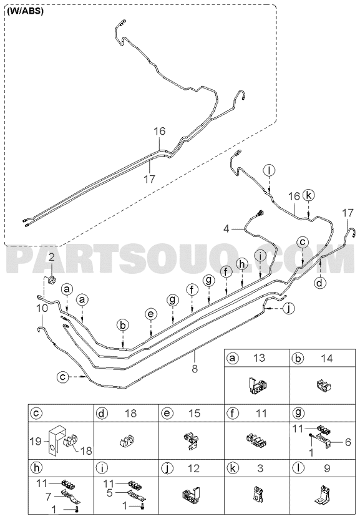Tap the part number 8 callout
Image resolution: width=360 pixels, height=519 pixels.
195,368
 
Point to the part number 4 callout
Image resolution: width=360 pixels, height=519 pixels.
226,228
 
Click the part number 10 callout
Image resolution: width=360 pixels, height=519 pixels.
42,308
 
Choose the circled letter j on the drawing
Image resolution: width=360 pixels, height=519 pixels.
289,309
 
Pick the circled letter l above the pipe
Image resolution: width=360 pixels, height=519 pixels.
270,170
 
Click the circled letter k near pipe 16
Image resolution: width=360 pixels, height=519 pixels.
308,195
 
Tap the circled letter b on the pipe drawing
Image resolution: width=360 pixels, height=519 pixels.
123,326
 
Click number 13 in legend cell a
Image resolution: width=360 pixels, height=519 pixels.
259,358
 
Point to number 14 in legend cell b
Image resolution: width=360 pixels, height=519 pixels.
326,358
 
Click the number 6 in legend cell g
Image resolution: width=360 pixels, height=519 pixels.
348,442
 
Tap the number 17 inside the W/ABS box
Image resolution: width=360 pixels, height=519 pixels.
149,179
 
